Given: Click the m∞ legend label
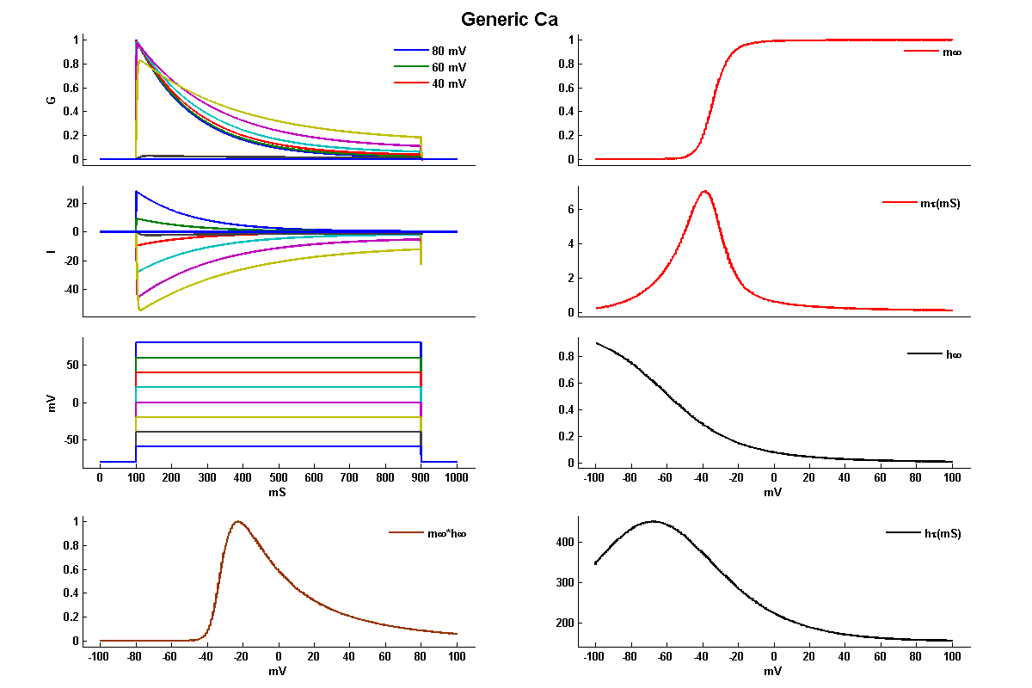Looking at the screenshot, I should point(951,52).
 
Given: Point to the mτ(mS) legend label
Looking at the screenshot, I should point(940,204).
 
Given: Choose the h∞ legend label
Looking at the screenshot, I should point(952,354).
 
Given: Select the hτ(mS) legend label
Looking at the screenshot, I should point(942,533).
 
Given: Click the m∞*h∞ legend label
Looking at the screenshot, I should point(447,533).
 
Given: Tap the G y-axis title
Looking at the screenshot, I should point(52,100).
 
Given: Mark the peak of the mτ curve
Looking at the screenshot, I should point(704,191).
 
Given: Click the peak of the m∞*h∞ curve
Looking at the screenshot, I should point(238,521).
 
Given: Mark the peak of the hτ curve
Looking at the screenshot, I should point(654,521).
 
